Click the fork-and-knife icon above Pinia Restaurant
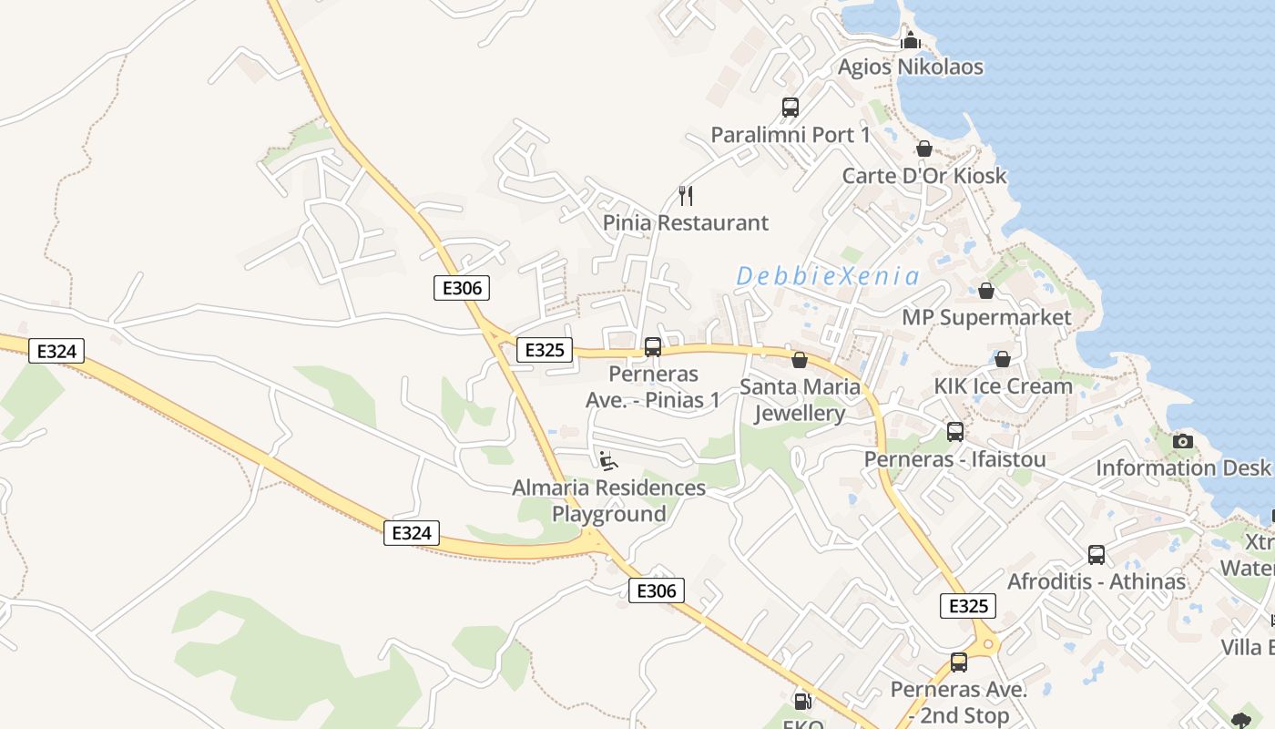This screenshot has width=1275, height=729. (687, 195)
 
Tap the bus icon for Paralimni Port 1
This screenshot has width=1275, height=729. (790, 108)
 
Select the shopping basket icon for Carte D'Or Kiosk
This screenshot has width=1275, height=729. (924, 149)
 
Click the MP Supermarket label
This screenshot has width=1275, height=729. (986, 317)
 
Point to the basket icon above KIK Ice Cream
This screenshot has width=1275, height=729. (1003, 359)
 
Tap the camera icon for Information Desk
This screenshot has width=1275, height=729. (1183, 441)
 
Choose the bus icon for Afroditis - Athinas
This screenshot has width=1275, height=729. (1096, 554)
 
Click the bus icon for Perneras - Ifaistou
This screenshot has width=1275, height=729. (955, 432)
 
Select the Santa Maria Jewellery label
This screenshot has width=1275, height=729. (800, 400)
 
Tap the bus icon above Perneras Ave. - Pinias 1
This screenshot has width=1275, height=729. (653, 347)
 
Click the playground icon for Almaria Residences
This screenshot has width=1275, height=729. (608, 461)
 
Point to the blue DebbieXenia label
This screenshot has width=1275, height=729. (827, 276)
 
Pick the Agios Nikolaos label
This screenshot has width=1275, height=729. (910, 67)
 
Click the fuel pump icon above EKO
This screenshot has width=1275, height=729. (802, 701)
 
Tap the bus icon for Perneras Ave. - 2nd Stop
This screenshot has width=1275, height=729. (959, 662)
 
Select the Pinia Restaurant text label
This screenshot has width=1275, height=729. (686, 222)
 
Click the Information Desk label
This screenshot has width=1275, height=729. (1182, 467)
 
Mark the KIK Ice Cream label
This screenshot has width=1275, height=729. (1003, 385)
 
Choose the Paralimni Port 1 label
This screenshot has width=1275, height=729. (790, 135)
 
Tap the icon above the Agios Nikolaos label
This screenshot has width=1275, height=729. (910, 40)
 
